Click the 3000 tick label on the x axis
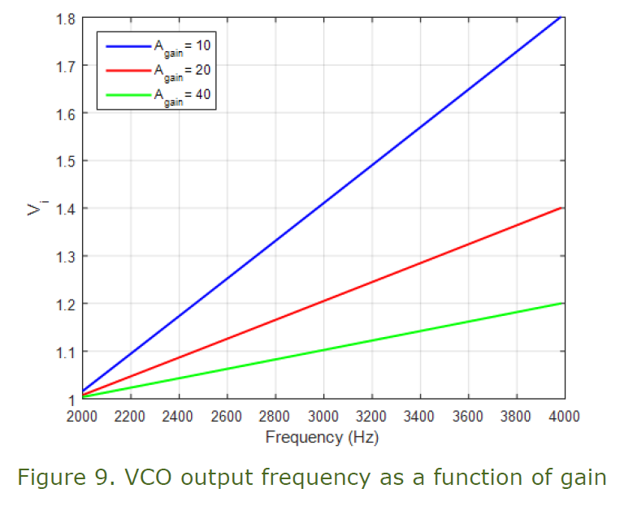[x=323, y=416]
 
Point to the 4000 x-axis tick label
[x=564, y=416]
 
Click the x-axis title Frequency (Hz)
[x=322, y=437]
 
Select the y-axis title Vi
[x=34, y=209]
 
